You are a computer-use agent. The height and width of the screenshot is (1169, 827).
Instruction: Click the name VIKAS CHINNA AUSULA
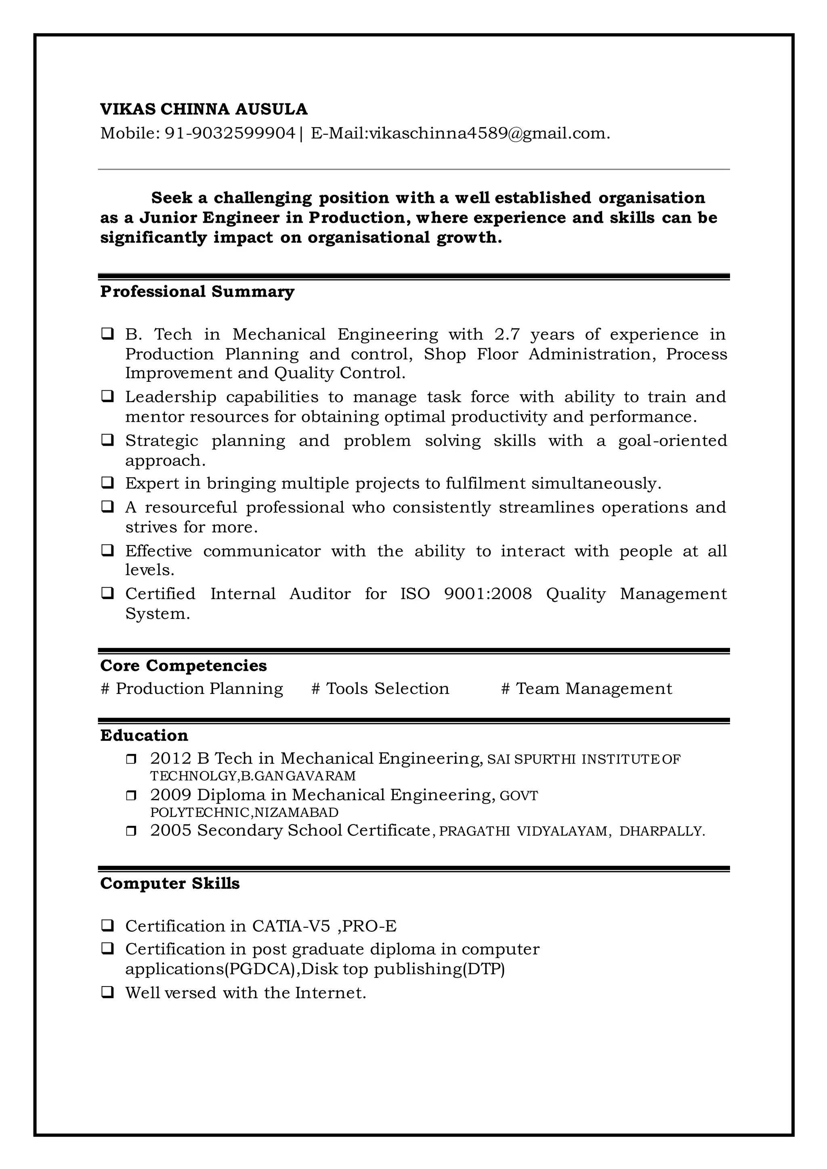[x=204, y=109]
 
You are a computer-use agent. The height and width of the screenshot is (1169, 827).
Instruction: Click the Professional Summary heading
[x=197, y=292]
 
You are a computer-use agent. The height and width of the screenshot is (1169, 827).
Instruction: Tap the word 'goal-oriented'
[x=672, y=440]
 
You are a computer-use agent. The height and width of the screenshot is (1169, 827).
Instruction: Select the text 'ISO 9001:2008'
[x=466, y=594]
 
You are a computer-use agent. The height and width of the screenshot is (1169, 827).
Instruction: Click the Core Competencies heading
[x=183, y=666]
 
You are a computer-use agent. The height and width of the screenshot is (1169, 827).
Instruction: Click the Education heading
[x=144, y=735]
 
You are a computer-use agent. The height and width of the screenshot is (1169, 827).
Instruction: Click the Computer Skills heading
[x=170, y=883]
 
